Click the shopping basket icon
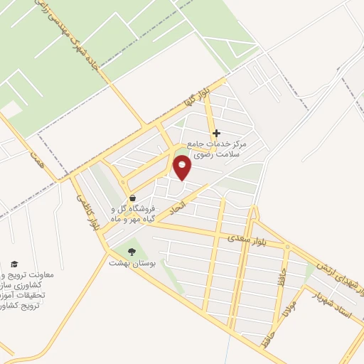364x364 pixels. click(x=132, y=198)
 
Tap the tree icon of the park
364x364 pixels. click(x=130, y=250)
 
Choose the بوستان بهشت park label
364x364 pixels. click(x=127, y=263)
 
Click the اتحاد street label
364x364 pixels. click(x=175, y=207)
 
